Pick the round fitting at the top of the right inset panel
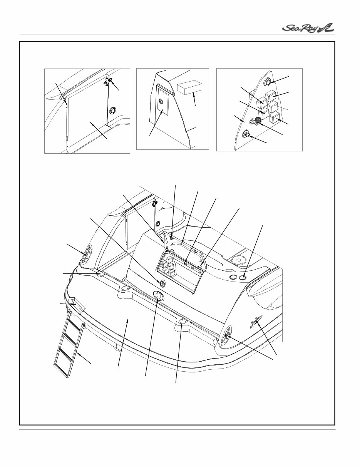(267, 82)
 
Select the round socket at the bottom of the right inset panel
(245, 135)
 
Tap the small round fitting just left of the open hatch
(162, 283)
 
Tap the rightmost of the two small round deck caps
(243, 277)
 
